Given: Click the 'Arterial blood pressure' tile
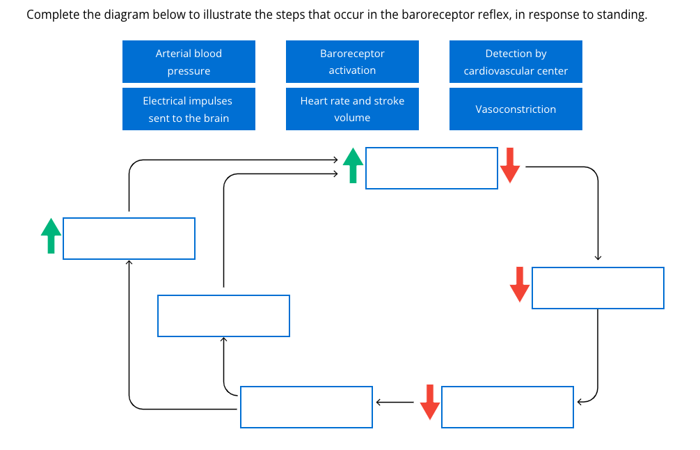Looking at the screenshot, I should (189, 62).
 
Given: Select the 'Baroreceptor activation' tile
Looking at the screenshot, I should (352, 62).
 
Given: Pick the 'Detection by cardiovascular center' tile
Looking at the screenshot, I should (516, 62).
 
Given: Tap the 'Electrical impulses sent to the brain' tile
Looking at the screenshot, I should (189, 109).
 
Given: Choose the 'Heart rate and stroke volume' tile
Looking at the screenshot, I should (352, 109).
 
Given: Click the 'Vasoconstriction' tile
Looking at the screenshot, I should (516, 109).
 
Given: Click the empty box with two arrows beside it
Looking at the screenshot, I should (431, 168).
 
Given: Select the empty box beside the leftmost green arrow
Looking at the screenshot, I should (129, 239).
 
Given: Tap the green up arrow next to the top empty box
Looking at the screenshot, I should (353, 166).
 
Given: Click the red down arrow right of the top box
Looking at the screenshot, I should (510, 166).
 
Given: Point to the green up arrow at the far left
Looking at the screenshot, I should (50, 235).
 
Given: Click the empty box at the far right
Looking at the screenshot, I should (598, 288).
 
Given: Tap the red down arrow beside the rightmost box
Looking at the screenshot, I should (519, 284).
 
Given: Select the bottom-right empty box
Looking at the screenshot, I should (507, 407).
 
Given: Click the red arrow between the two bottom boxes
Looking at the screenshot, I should (430, 402).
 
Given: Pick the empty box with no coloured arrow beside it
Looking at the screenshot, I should (223, 316).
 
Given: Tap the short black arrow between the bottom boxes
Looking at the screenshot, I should (395, 402).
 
